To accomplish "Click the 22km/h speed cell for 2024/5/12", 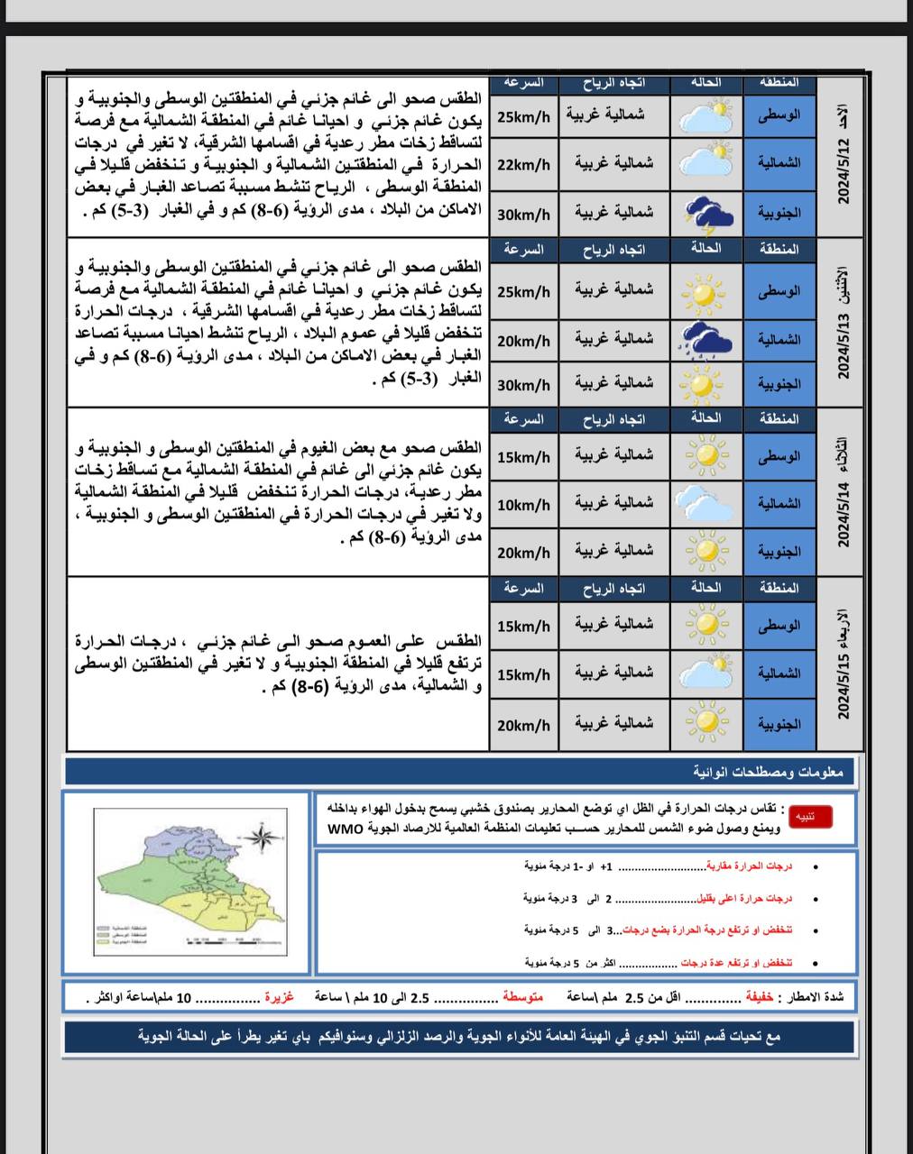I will pyautogui.click(x=523, y=164).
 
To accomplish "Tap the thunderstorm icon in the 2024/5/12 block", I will pyautogui.click(x=706, y=213).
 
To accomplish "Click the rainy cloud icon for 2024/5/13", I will pyautogui.click(x=706, y=340).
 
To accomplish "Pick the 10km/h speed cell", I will pyautogui.click(x=523, y=505).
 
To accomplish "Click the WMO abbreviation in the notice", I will pyautogui.click(x=346, y=828).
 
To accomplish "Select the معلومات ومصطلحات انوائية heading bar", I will pyautogui.click(x=460, y=773).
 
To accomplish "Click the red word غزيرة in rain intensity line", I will pyautogui.click(x=279, y=998).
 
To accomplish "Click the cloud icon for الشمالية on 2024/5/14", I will pyautogui.click(x=706, y=503).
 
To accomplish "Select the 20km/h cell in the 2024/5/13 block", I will pyautogui.click(x=523, y=341).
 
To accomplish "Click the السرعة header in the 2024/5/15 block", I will pyautogui.click(x=523, y=589).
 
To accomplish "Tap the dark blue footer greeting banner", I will pyautogui.click(x=460, y=1037).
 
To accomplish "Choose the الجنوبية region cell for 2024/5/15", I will pyautogui.click(x=779, y=724).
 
